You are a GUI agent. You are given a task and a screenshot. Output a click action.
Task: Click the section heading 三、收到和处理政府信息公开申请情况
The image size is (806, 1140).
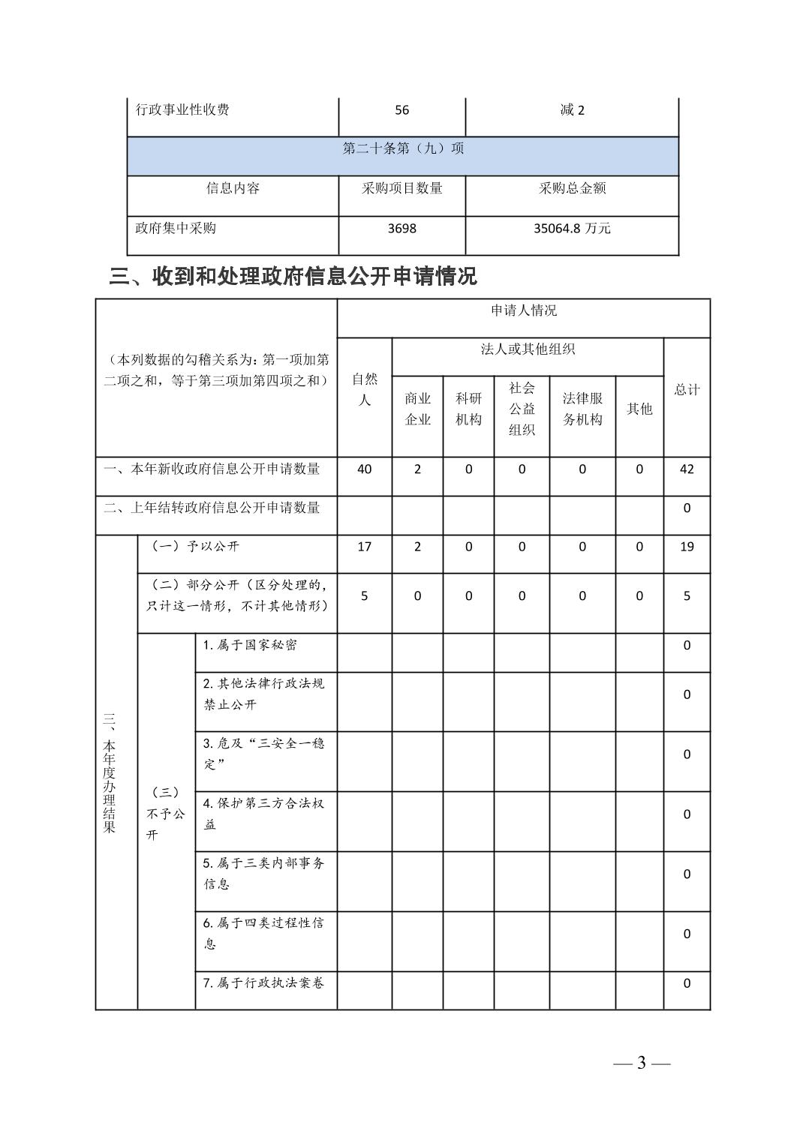pos(293,277)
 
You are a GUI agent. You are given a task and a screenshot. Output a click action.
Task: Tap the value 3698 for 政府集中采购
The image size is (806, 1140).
pos(401,228)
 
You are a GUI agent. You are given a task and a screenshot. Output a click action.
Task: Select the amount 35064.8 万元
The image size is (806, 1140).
pos(572,228)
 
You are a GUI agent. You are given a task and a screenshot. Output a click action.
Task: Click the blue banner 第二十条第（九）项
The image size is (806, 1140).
pos(403,148)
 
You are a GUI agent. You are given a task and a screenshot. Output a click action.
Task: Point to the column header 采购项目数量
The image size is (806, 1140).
pos(401,188)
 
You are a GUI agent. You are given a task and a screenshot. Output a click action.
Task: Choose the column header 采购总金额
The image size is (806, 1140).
pos(572,188)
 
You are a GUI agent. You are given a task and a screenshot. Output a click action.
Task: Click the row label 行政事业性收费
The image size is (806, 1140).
pos(182,110)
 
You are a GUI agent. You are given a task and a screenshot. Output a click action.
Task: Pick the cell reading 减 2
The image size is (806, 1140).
pos(572,110)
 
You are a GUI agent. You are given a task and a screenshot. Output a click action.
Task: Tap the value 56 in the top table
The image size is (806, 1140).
pos(401,110)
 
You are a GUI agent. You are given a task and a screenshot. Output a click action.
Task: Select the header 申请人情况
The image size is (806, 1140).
pos(523,310)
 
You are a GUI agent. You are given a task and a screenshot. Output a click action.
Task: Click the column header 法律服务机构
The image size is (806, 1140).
pos(582,409)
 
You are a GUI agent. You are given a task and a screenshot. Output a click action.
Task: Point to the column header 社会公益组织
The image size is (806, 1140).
pos(522,409)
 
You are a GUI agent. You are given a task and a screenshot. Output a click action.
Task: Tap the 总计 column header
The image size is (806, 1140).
pos(687,389)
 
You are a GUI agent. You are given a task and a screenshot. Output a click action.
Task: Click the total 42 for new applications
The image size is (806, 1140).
pos(687,469)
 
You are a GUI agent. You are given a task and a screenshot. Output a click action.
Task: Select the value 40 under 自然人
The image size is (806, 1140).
pos(364,469)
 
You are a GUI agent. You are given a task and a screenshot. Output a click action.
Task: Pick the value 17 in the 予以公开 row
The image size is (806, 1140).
pos(364,547)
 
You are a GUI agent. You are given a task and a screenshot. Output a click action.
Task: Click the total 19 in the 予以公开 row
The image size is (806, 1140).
pos(687,547)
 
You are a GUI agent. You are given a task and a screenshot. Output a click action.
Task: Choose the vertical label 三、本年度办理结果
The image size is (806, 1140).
pos(110,772)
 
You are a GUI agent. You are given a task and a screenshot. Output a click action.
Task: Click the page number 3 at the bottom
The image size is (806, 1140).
pos(641,1063)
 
